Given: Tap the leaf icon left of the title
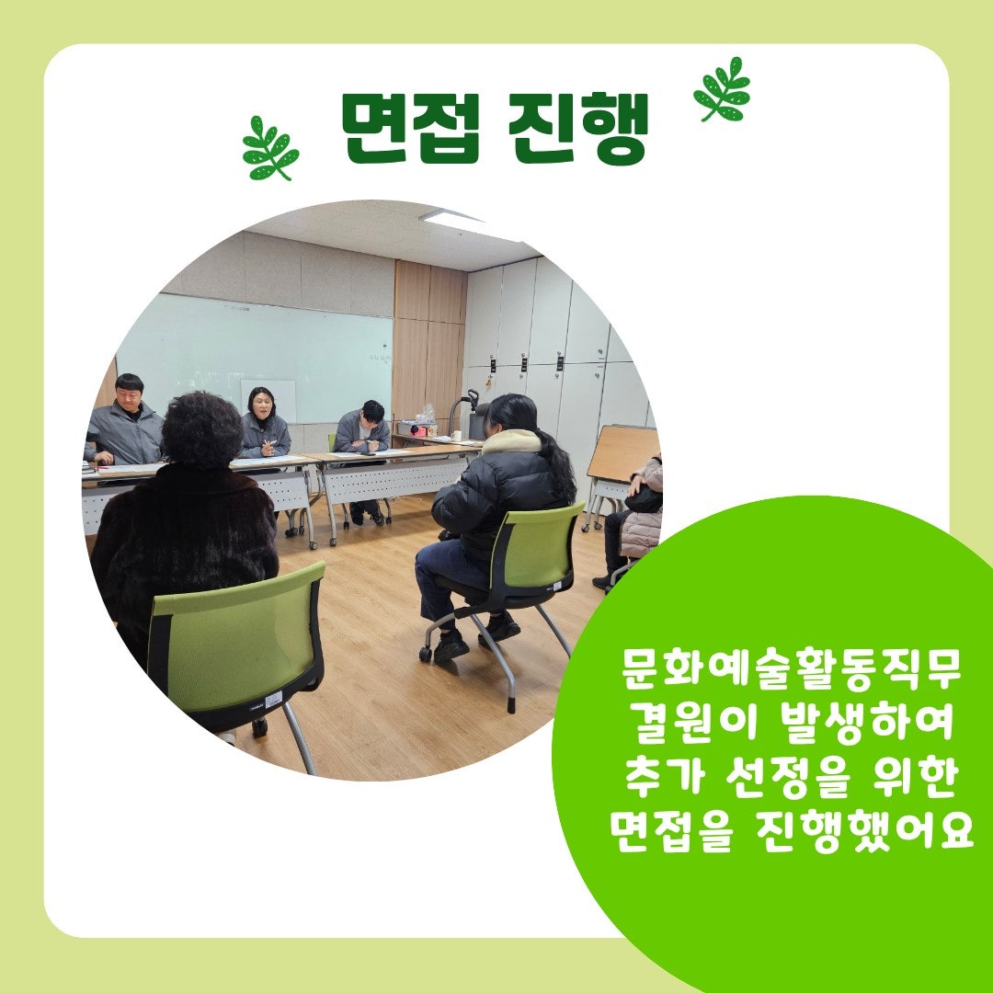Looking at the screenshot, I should pyautogui.click(x=269, y=149).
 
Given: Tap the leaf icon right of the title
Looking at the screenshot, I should pyautogui.click(x=723, y=89).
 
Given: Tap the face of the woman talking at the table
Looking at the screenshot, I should pyautogui.click(x=262, y=406).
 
